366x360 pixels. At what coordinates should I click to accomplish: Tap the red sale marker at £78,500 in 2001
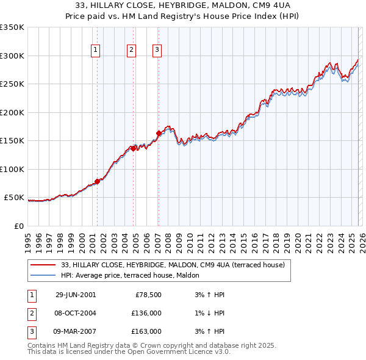97,181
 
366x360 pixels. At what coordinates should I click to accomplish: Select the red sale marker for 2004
133,148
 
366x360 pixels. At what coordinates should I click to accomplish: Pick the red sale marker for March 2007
159,133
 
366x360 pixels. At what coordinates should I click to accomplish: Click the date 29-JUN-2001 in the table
76,295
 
